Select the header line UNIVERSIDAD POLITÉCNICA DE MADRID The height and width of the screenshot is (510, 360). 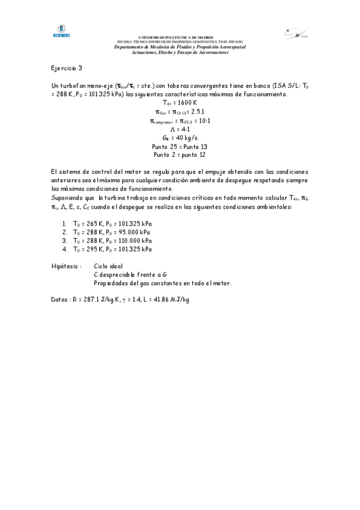(180, 37)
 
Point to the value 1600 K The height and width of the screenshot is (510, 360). (185, 103)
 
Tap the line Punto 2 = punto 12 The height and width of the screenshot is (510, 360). (180, 155)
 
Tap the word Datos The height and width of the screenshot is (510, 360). (59, 300)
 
